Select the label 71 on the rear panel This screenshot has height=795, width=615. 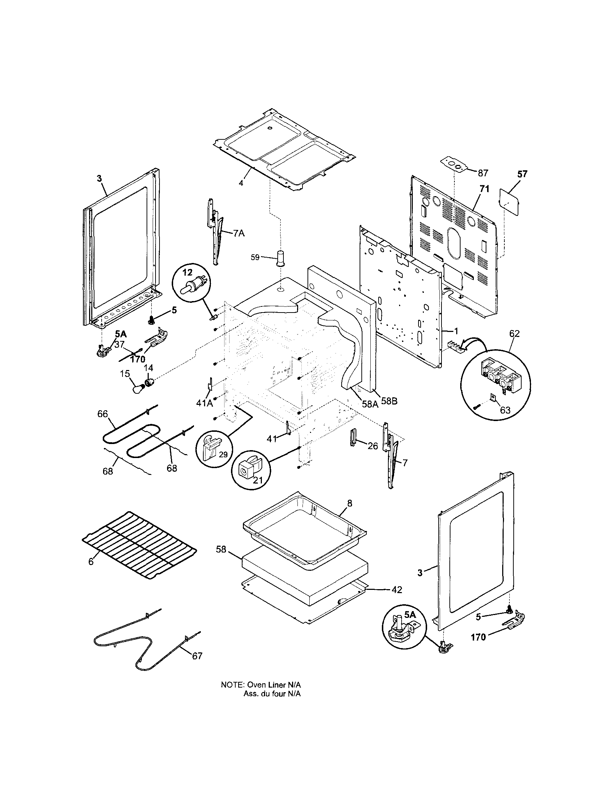[484, 189]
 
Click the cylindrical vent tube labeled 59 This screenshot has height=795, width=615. [281, 258]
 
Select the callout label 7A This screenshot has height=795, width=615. [239, 234]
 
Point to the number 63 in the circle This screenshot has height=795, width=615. [505, 410]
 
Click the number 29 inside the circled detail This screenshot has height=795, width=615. [223, 454]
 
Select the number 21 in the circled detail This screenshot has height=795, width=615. [257, 480]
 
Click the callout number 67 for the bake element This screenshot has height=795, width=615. [197, 656]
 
